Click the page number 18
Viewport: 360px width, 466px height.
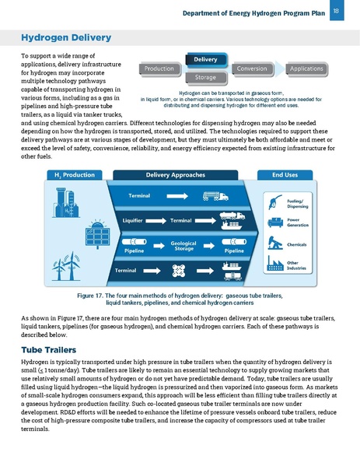pyautogui.click(x=334, y=11)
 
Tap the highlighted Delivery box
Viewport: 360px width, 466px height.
pyautogui.click(x=205, y=59)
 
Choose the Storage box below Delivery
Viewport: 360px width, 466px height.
pyautogui.click(x=205, y=78)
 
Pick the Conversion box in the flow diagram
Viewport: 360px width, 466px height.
pyautogui.click(x=253, y=69)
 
